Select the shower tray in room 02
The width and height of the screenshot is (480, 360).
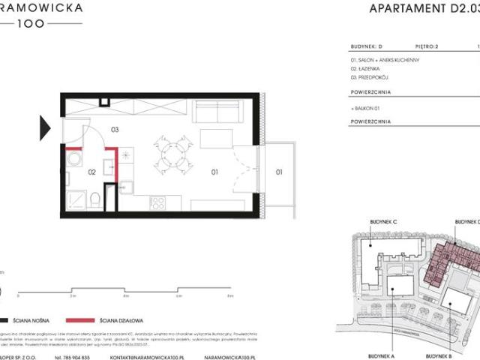75,198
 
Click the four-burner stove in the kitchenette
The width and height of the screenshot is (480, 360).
160,201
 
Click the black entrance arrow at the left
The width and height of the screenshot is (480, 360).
45,124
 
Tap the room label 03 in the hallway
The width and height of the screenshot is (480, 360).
115,129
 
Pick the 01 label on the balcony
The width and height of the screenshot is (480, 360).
277,172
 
